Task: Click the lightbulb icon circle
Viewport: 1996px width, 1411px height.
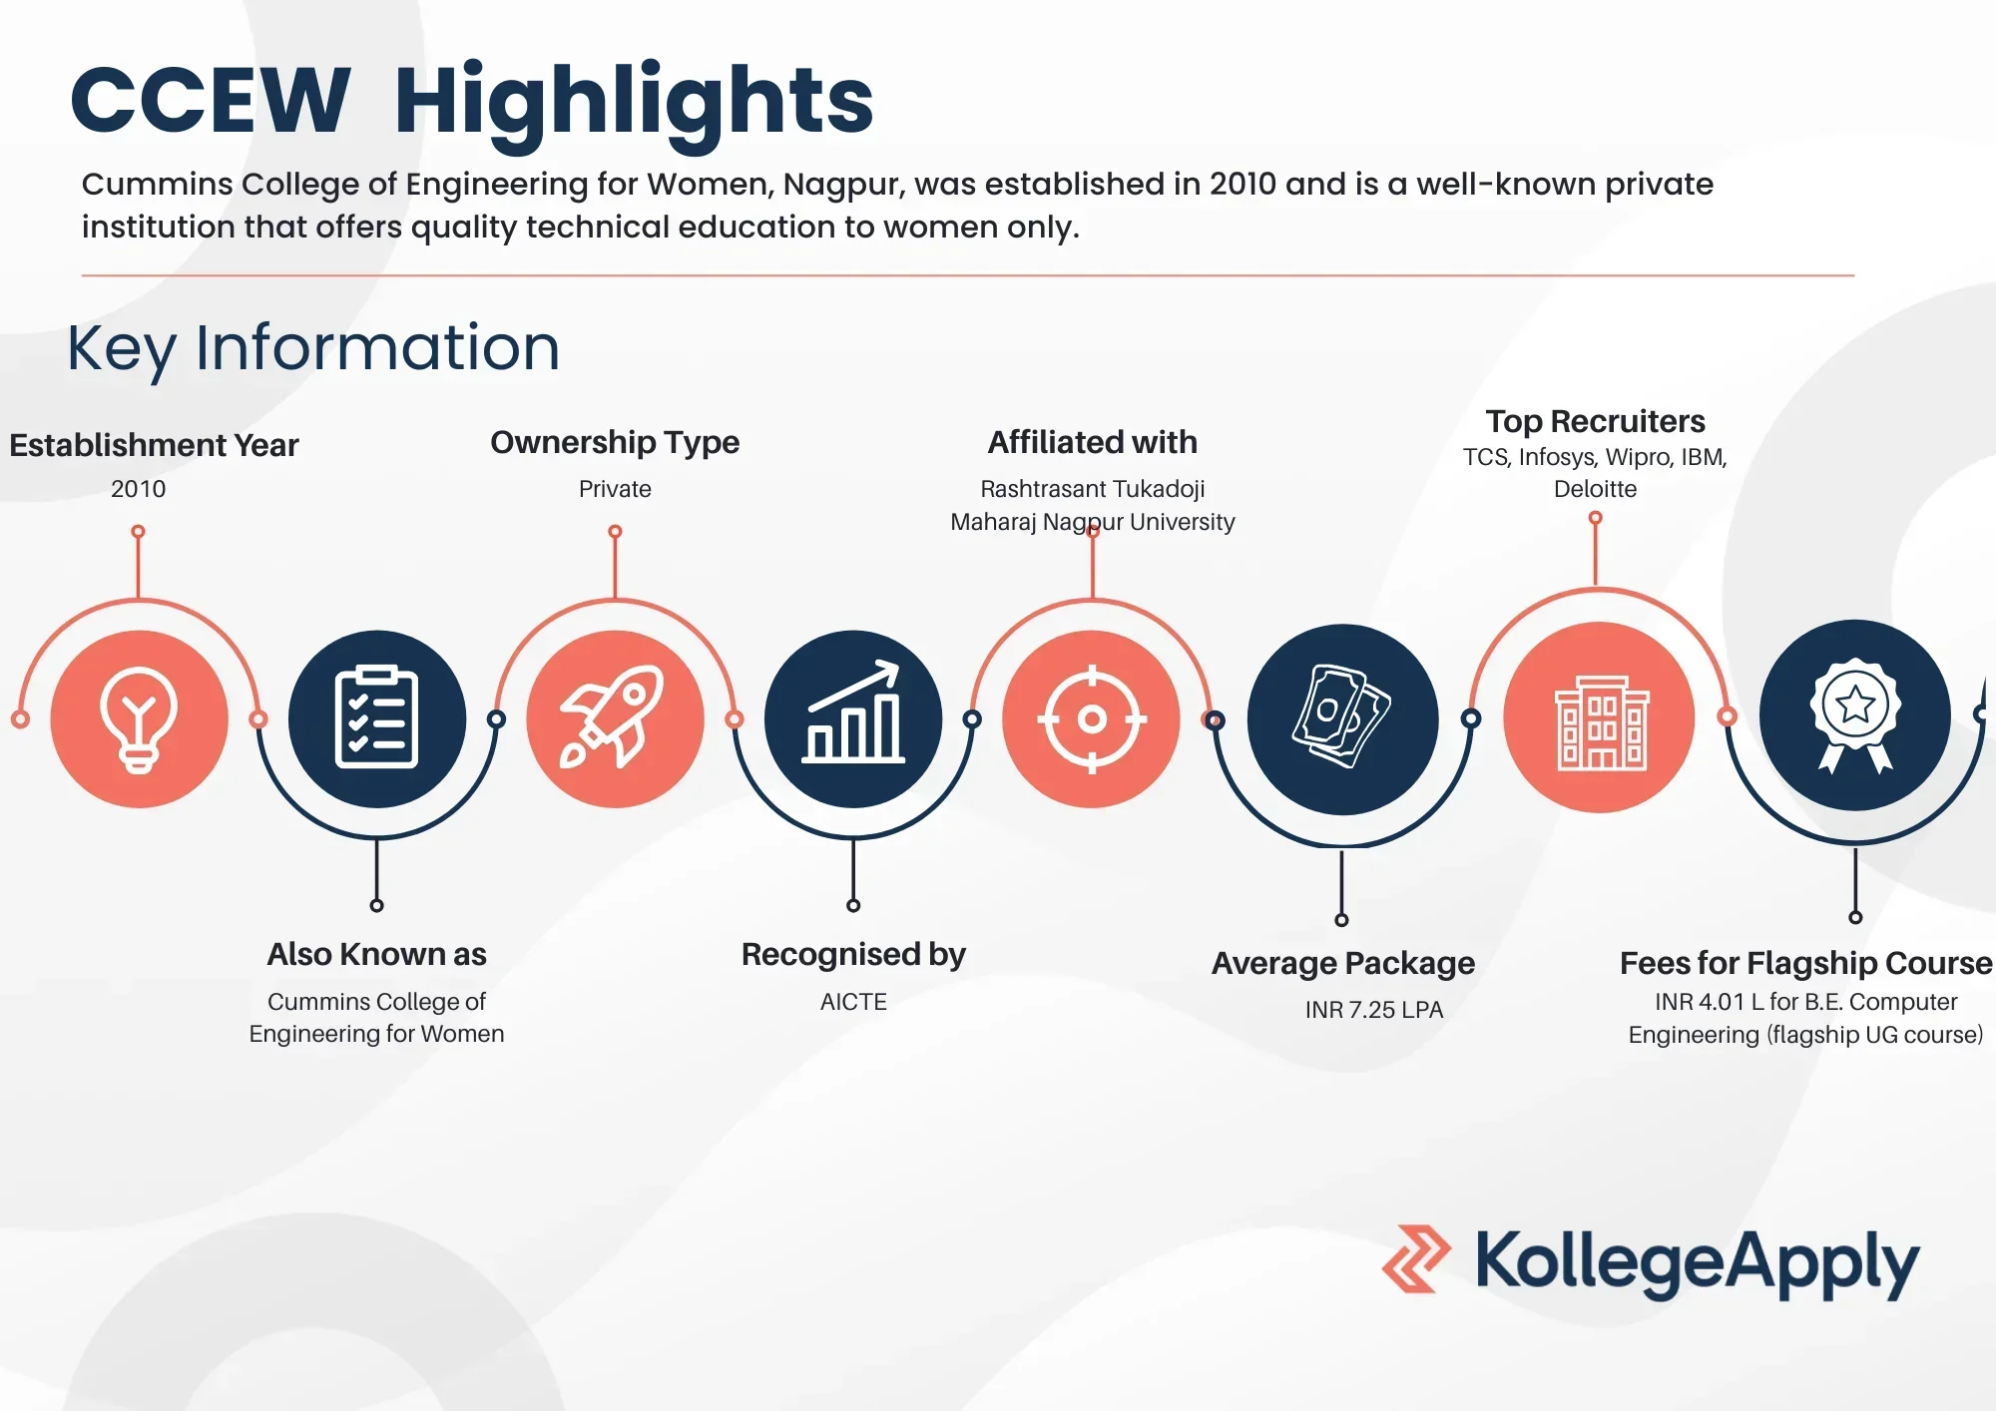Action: tap(139, 718)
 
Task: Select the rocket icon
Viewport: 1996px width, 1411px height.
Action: tap(613, 716)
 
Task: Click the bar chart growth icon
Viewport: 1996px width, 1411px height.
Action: tap(853, 712)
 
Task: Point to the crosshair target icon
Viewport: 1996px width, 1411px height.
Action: tap(1092, 718)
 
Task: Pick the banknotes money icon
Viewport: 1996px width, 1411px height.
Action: tap(1341, 715)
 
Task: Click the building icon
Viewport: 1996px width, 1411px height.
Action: tap(1601, 722)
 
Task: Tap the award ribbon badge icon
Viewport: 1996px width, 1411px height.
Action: tap(1855, 714)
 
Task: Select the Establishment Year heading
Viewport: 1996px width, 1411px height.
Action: tap(154, 445)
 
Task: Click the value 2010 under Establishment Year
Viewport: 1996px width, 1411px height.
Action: tap(139, 489)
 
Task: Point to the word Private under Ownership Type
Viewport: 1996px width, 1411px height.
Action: tap(615, 489)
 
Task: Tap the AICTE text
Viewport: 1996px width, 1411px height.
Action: tap(853, 1002)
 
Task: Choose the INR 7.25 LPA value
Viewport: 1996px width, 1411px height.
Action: tap(1374, 1010)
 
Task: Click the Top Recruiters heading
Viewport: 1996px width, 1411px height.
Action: tap(1595, 421)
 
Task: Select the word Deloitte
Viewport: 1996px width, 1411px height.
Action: tap(1595, 489)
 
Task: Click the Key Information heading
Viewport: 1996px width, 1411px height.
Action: tap(313, 349)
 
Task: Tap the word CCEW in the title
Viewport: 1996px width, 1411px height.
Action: tap(211, 100)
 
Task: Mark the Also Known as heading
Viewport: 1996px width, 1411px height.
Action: tap(376, 955)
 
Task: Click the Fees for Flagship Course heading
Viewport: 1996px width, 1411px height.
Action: tap(1805, 963)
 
